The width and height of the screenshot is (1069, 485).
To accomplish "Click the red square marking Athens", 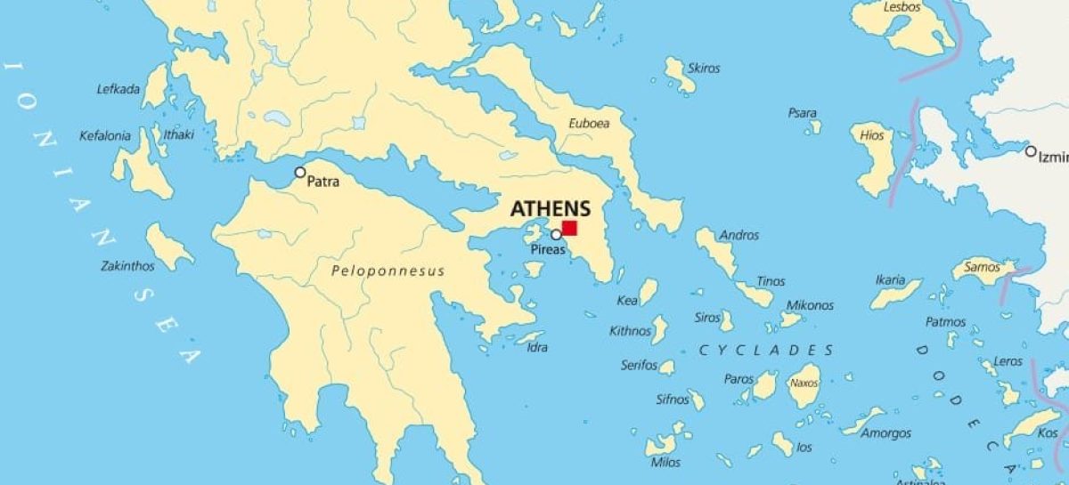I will click(569, 228).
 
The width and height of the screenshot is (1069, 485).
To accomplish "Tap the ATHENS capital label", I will click(550, 209).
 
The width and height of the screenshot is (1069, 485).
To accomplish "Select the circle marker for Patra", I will click(300, 173).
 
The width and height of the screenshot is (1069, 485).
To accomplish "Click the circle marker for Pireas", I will click(556, 235).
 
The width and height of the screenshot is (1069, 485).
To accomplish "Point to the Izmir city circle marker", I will click(1031, 151).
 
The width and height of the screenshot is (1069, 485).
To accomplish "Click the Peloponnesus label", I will click(388, 271).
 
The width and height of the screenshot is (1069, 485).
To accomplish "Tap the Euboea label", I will click(589, 124).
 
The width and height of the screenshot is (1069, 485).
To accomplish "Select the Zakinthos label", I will click(127, 266).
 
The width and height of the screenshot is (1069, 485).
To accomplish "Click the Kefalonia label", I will click(105, 136).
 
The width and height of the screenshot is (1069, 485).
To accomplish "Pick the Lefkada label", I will click(118, 89).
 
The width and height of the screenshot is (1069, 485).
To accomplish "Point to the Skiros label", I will click(704, 69).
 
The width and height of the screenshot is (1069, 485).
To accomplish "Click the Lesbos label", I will click(902, 7).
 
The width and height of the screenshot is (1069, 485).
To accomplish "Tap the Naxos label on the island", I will click(804, 384).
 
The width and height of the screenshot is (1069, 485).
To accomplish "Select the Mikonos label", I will click(810, 305).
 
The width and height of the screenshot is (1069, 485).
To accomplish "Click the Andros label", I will click(739, 236).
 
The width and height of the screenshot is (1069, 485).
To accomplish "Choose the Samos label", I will click(982, 267).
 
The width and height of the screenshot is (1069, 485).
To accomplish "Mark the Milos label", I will click(665, 463).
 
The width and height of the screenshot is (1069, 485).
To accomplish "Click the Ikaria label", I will click(890, 279).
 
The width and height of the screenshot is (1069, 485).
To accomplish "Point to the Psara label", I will click(802, 113).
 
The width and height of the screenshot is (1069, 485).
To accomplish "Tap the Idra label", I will click(537, 347).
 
